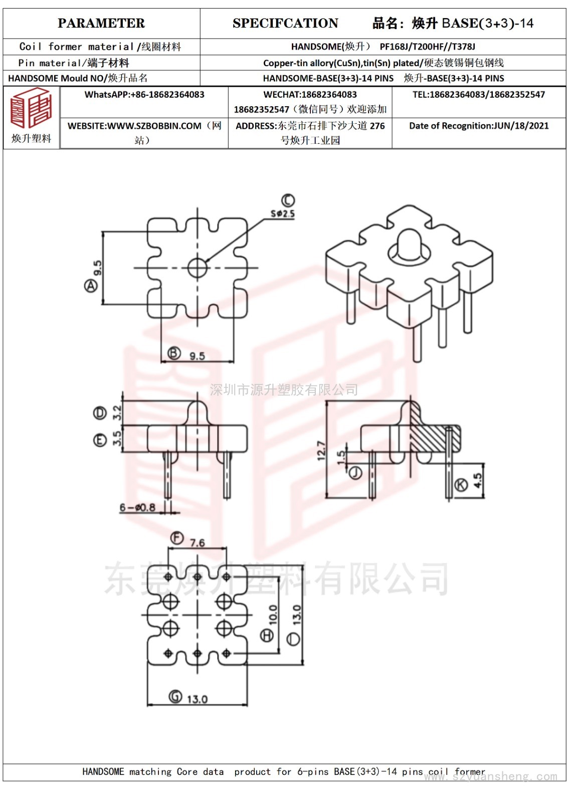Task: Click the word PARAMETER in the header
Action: (101, 23)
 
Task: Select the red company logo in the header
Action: (31, 108)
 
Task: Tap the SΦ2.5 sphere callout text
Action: (283, 214)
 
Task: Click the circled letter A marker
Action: (91, 286)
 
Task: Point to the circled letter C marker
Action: (288, 200)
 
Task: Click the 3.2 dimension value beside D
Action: (117, 413)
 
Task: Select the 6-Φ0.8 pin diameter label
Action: (137, 507)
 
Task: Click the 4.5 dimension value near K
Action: (478, 481)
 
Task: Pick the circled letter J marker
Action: (355, 473)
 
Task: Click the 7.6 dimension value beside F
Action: (198, 543)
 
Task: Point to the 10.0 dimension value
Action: (273, 615)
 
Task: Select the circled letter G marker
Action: (175, 696)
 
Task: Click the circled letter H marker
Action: (267, 636)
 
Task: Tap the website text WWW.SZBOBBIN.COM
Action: (154, 126)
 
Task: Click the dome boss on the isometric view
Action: (409, 244)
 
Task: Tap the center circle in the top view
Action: (198, 268)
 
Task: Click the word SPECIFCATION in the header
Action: (285, 23)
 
